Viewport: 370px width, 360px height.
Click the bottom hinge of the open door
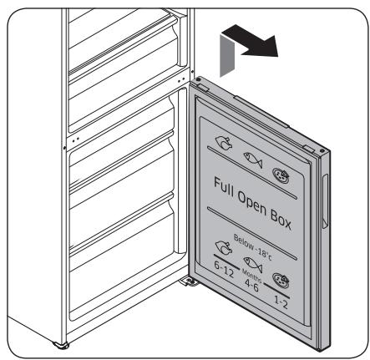pyautogui.click(x=191, y=281)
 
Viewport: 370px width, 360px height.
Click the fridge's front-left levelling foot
pyautogui.click(x=60, y=345)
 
